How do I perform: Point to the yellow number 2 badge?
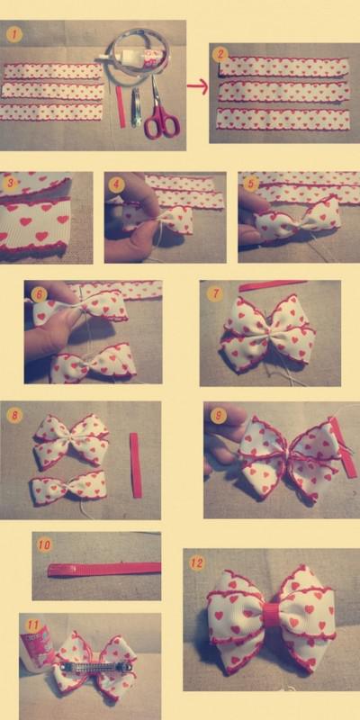click(x=220, y=54)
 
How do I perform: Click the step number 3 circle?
click(x=10, y=183)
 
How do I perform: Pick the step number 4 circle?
click(x=114, y=183)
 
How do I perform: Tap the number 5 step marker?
click(x=249, y=183)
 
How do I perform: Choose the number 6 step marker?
click(x=38, y=293)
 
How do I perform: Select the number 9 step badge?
click(x=216, y=416)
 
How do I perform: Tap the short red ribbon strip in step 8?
click(x=136, y=463)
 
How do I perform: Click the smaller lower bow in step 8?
click(x=68, y=489)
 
